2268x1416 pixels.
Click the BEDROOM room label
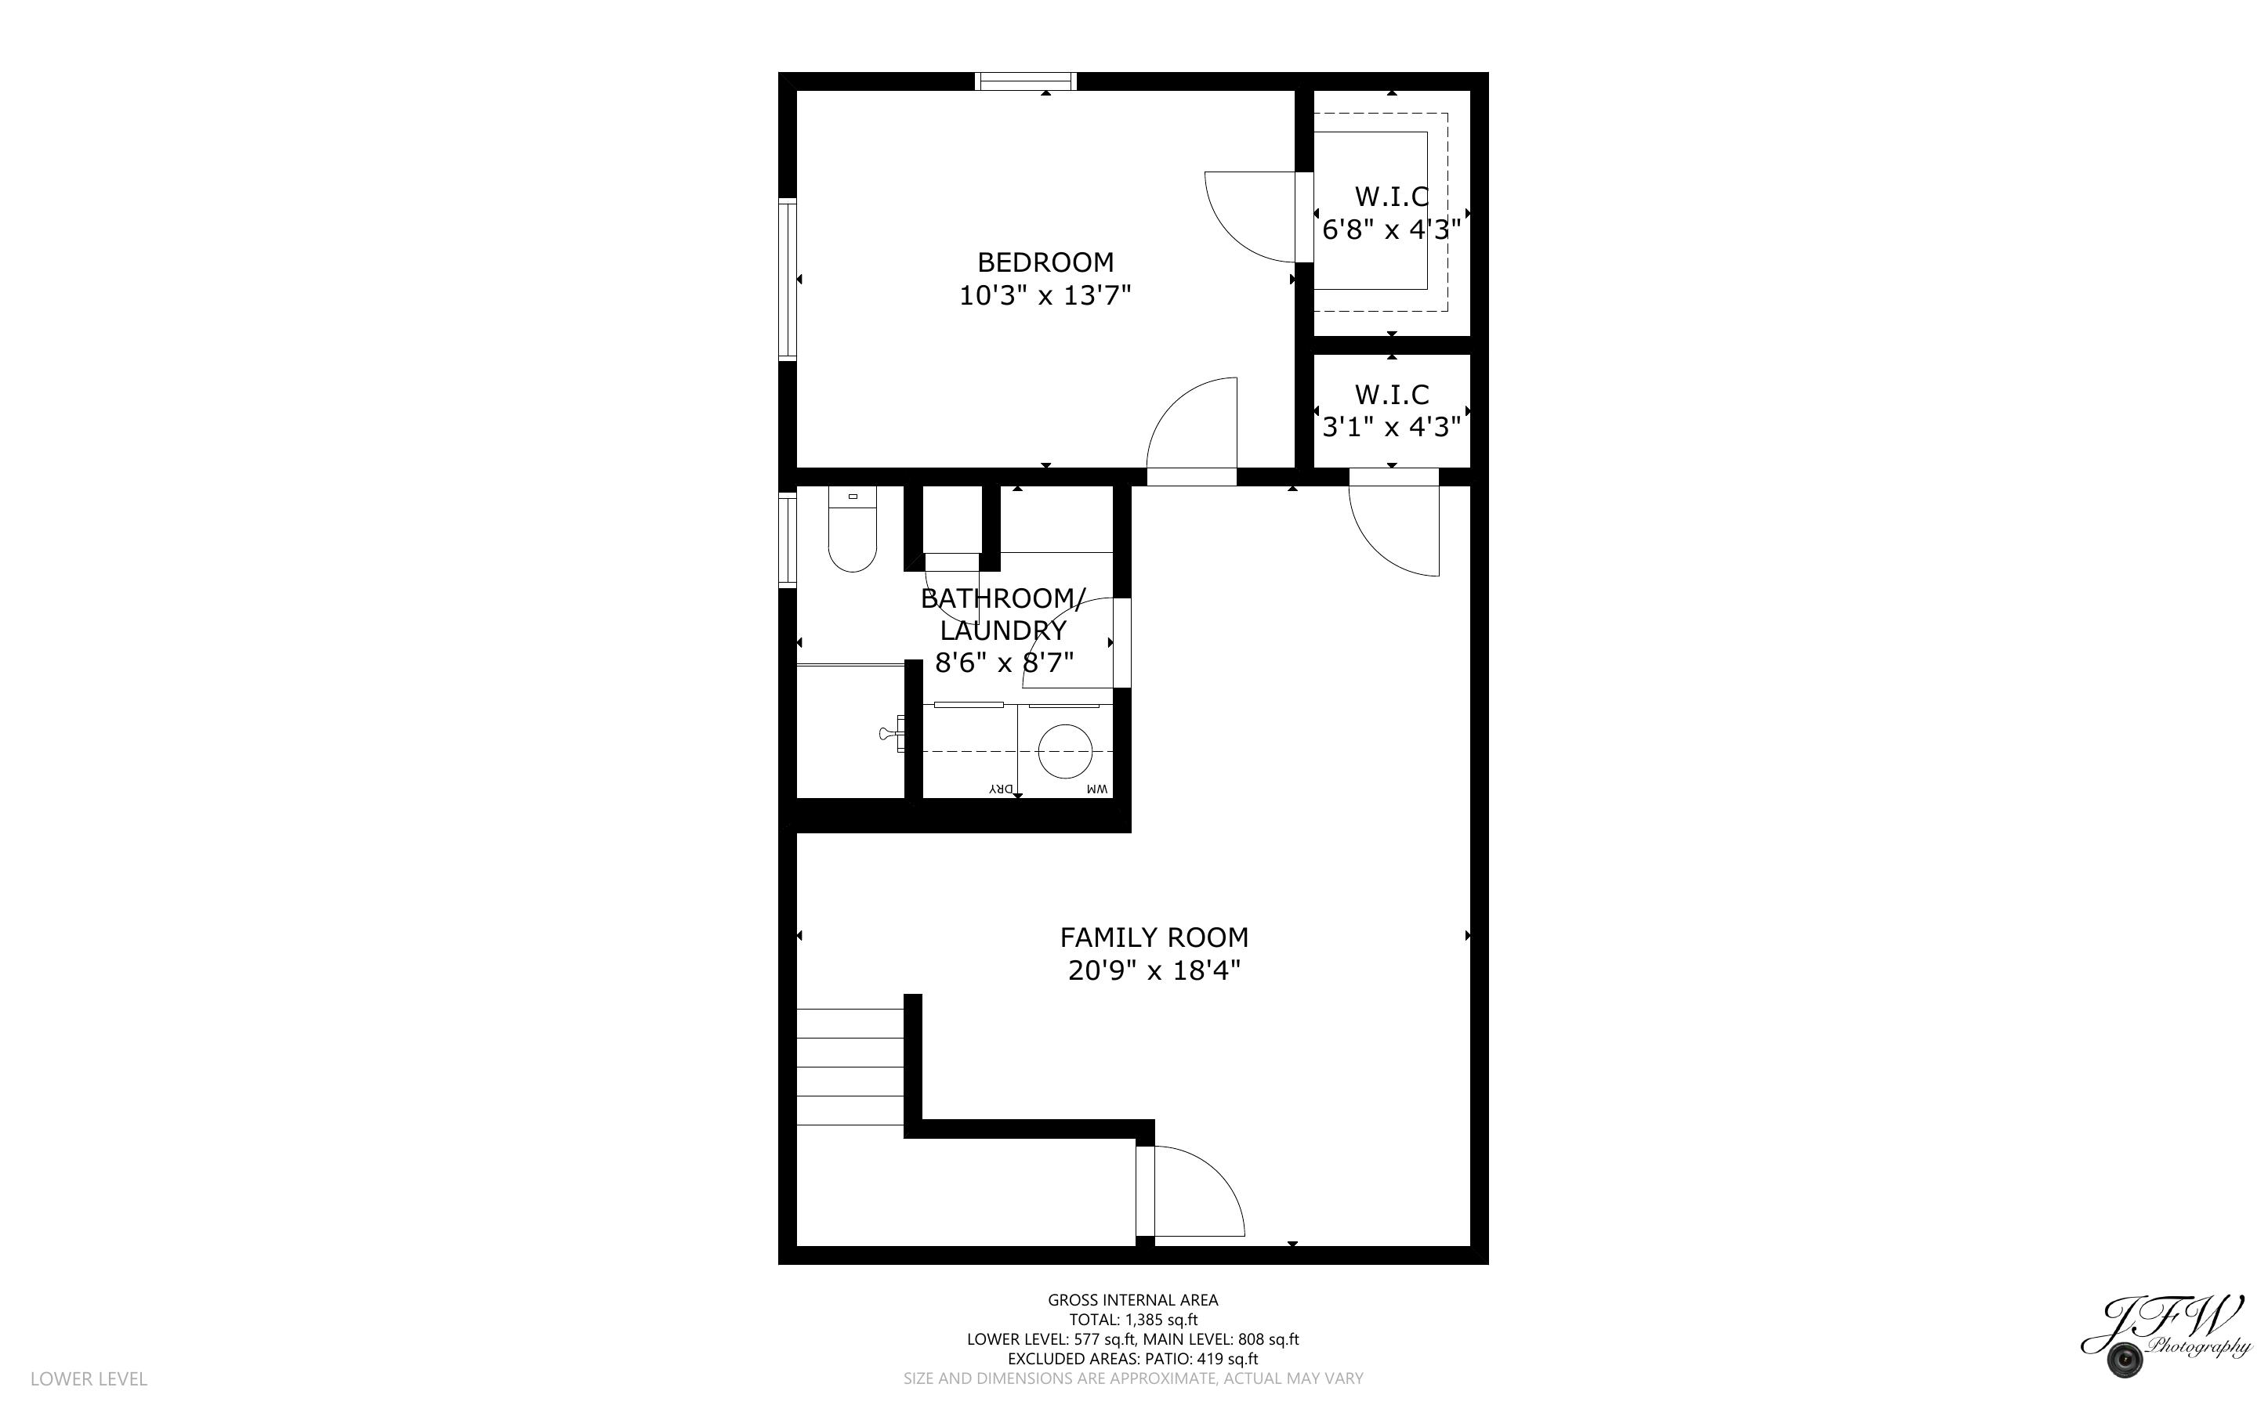pos(1045,262)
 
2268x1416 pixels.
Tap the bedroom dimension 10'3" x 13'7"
pos(1045,296)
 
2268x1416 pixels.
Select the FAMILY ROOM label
pos(1154,937)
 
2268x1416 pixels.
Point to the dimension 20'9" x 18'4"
pos(1154,971)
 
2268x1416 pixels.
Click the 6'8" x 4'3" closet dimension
pos(1391,229)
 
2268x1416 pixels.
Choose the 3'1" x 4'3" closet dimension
pos(1391,427)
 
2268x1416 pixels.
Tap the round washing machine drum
pos(1065,751)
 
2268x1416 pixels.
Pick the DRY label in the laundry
pos(1002,789)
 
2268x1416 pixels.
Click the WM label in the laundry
pos(1097,789)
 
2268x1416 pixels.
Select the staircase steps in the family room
pos(850,1067)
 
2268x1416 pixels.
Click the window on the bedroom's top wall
pos(1026,81)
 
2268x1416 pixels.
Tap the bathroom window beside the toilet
pos(788,540)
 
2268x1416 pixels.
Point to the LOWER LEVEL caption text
pos(89,1378)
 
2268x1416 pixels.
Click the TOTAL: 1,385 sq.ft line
pos(1133,1320)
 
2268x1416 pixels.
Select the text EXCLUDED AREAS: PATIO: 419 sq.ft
pos(1133,1359)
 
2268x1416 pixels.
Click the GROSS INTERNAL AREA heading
pos(1133,1300)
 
